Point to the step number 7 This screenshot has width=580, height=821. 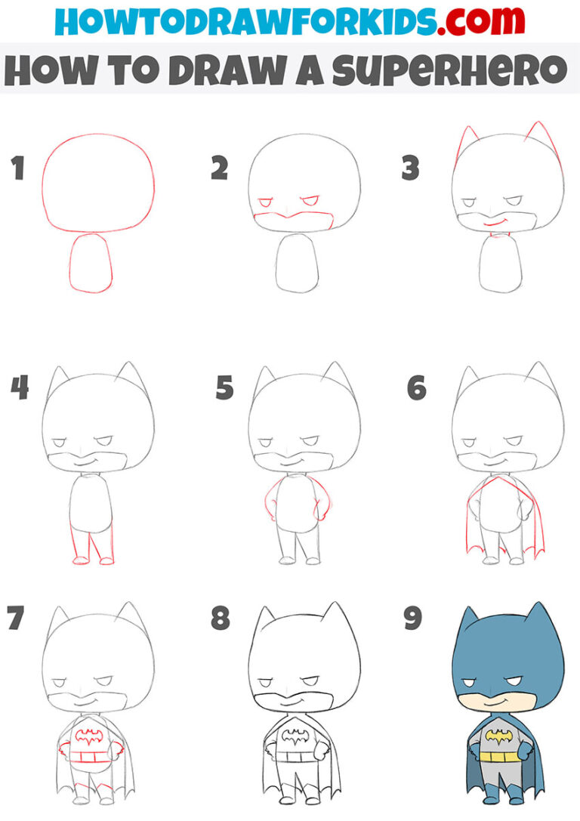(x=16, y=619)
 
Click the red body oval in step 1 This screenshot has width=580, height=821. (x=91, y=262)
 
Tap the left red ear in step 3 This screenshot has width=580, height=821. (x=464, y=144)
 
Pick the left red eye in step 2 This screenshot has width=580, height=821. (x=266, y=204)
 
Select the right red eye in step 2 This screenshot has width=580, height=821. (x=310, y=202)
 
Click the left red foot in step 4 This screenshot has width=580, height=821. (x=80, y=560)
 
